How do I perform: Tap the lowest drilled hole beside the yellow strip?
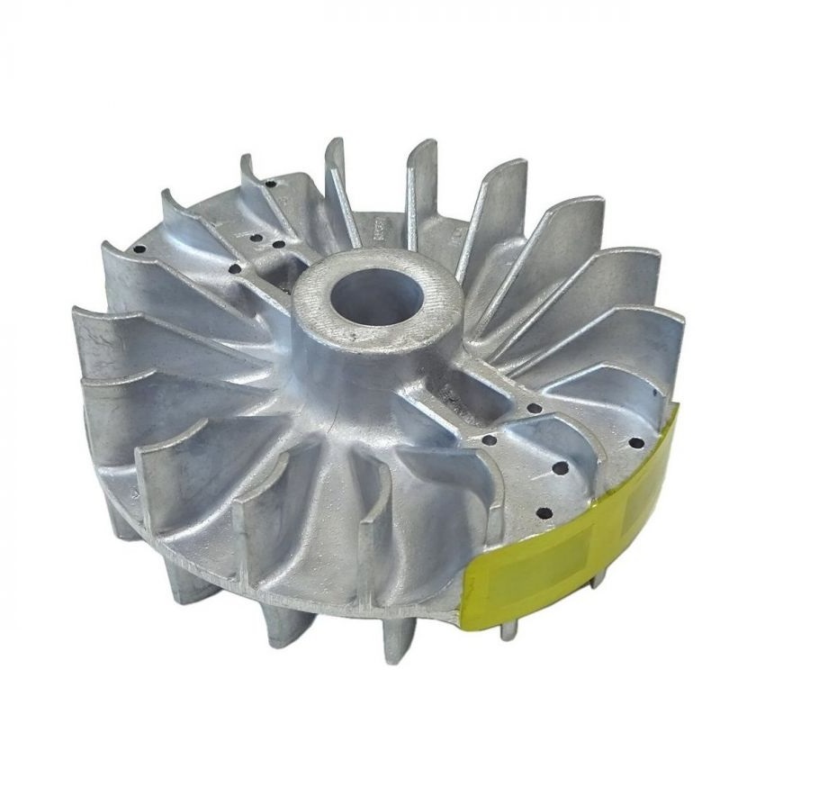point(544,513)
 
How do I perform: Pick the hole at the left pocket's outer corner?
point(235,268)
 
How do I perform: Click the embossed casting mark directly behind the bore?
point(376,229)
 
